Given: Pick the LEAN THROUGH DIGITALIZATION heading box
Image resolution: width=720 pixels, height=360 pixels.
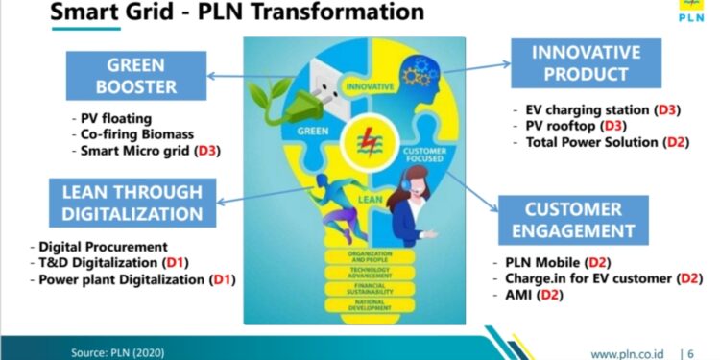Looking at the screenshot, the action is (129, 201).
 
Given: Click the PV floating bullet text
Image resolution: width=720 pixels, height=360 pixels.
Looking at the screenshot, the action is (114, 118).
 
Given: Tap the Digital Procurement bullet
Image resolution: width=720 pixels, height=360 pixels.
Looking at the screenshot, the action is (104, 247).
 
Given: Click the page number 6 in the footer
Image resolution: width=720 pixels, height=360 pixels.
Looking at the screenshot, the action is (692, 352).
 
